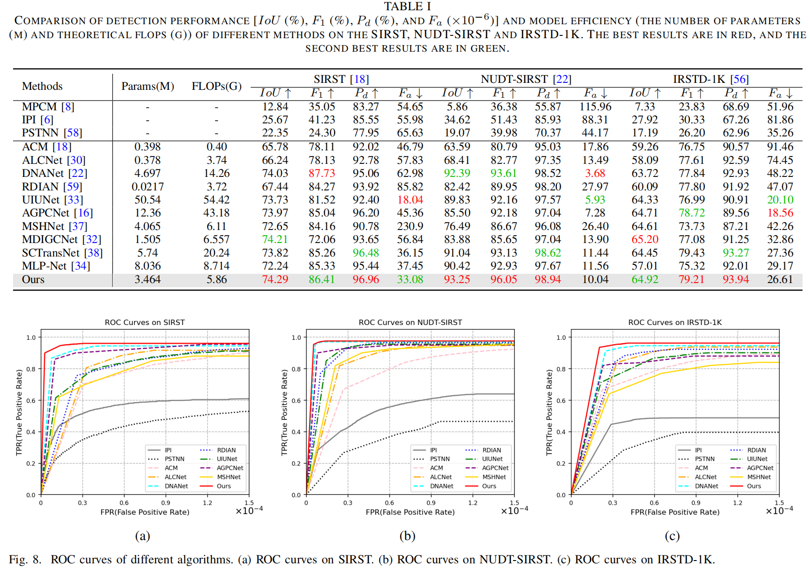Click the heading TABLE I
[x=407, y=7]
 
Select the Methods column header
[x=42, y=86]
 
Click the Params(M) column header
[x=148, y=86]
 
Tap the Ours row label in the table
[x=33, y=279]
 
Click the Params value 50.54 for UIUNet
[x=148, y=200]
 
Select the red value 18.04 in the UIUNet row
[x=410, y=200]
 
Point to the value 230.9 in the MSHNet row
[x=410, y=226]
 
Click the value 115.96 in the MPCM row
[x=595, y=107]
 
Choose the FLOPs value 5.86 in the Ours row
[x=216, y=279]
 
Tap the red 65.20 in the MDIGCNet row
[x=645, y=239]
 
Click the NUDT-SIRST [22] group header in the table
[x=526, y=79]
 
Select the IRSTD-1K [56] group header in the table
[x=710, y=79]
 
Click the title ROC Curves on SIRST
[x=145, y=322]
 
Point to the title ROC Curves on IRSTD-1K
[x=675, y=322]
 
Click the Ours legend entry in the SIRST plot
[x=223, y=486]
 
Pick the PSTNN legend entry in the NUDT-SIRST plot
[x=439, y=459]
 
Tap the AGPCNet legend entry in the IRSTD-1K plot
[x=760, y=468]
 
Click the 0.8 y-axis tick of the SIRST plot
[x=31, y=369]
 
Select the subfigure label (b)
[x=407, y=536]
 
